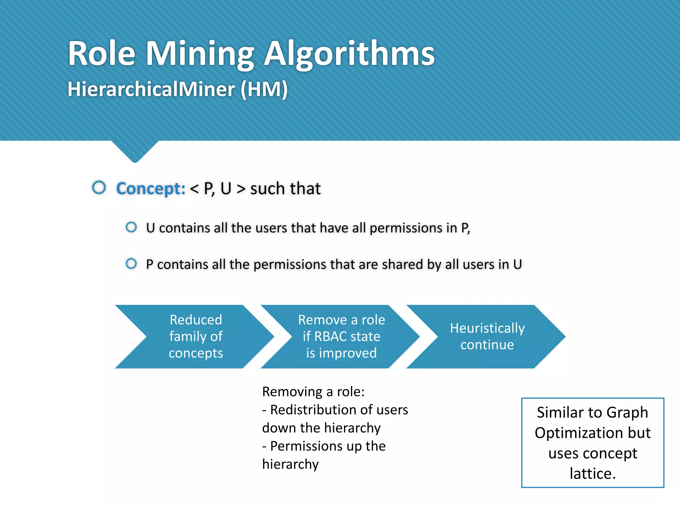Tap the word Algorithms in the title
pyautogui.click(x=349, y=54)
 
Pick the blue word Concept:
pyautogui.click(x=151, y=189)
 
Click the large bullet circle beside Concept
pyautogui.click(x=99, y=188)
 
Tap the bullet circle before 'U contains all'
pyautogui.click(x=131, y=227)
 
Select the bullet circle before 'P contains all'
pyautogui.click(x=131, y=264)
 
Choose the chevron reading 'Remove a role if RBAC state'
pyautogui.click(x=341, y=336)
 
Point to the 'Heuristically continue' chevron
pyautogui.click(x=487, y=336)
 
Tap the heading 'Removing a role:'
pyautogui.click(x=313, y=392)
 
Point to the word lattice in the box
pyautogui.click(x=592, y=473)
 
